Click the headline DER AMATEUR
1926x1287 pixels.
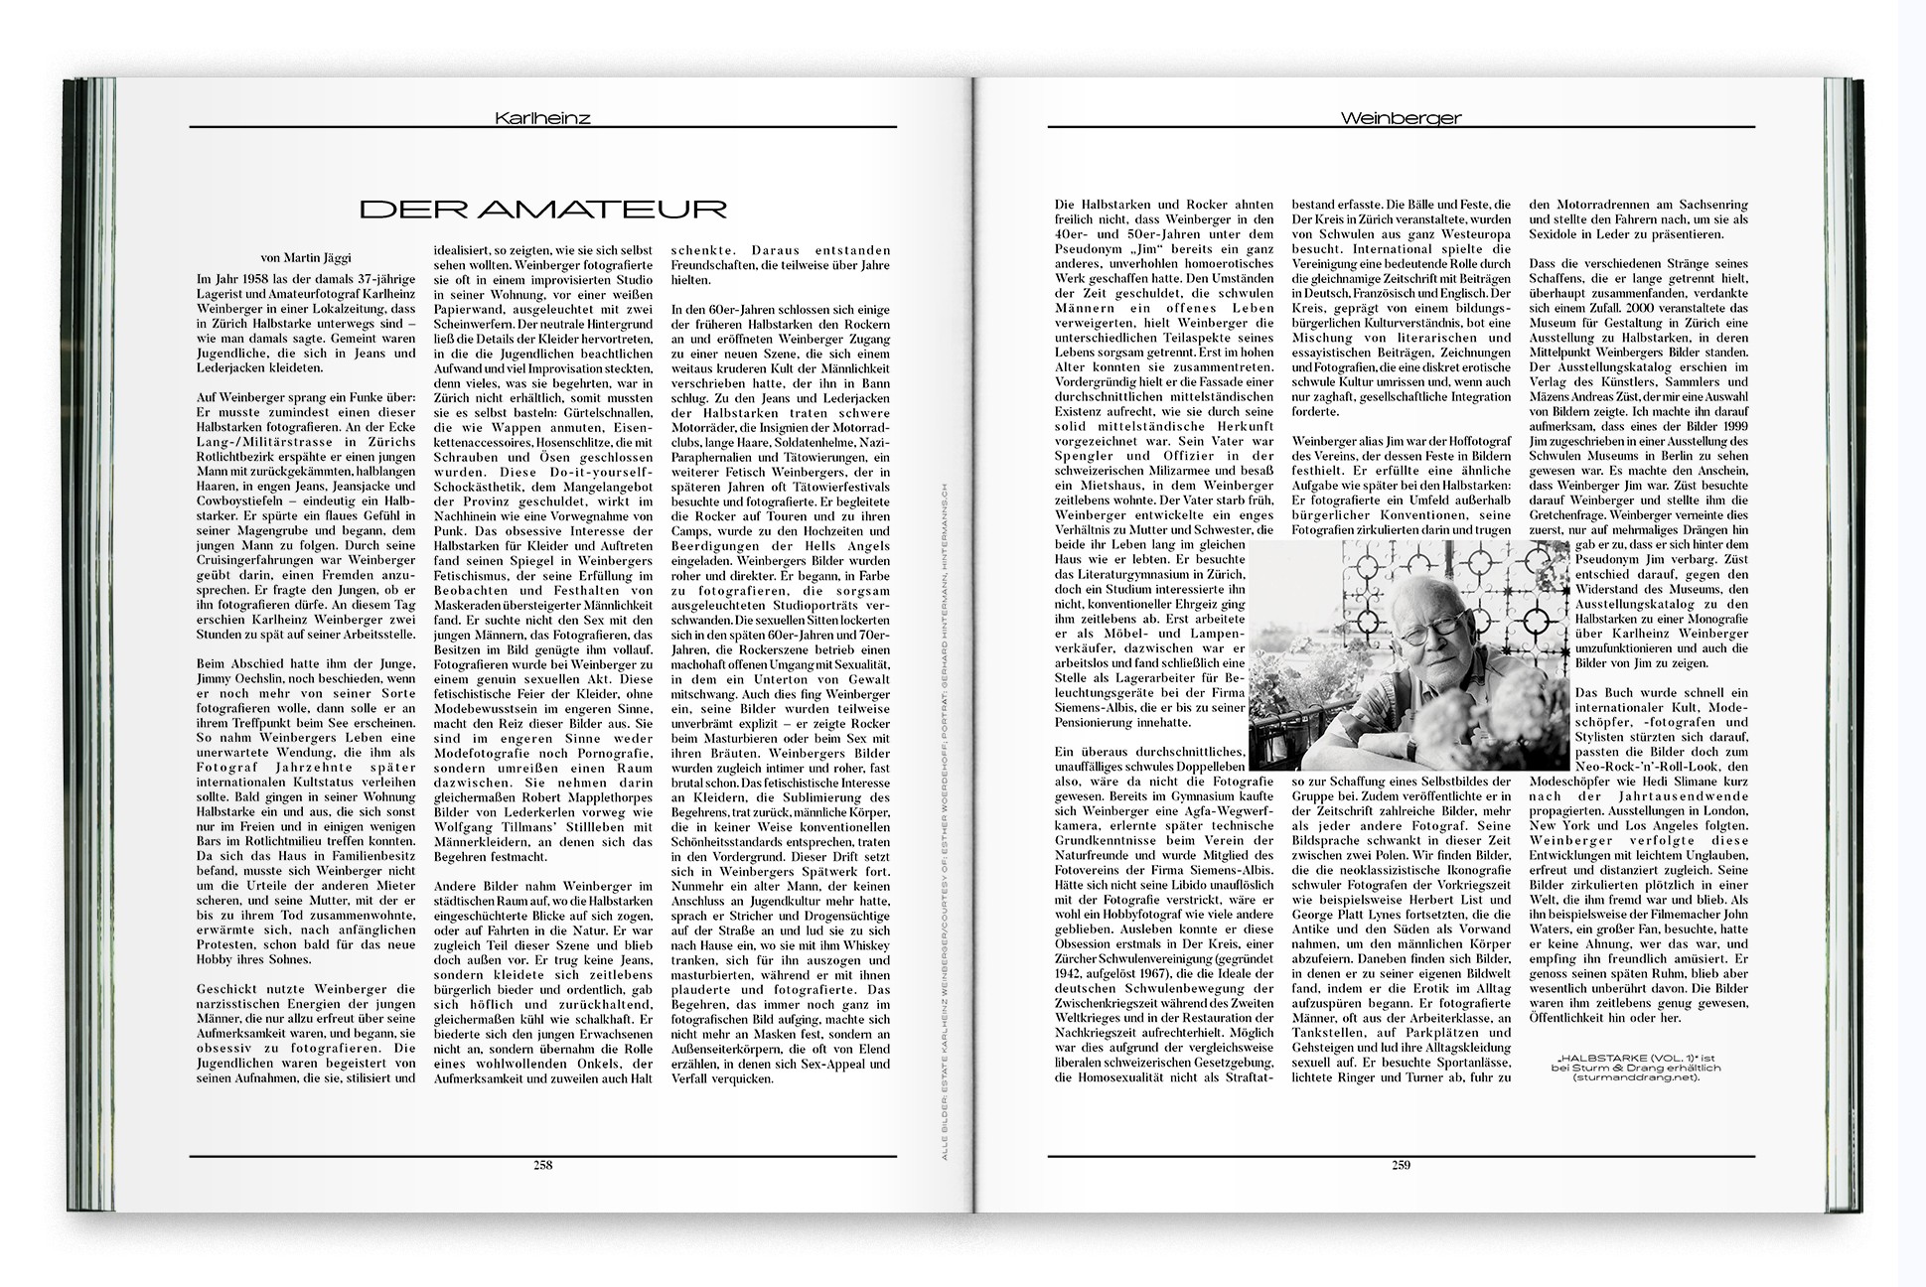point(542,209)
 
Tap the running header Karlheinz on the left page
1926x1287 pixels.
point(542,118)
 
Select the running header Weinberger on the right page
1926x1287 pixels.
point(1401,118)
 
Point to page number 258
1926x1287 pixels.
point(542,1165)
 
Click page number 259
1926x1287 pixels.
point(1401,1165)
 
